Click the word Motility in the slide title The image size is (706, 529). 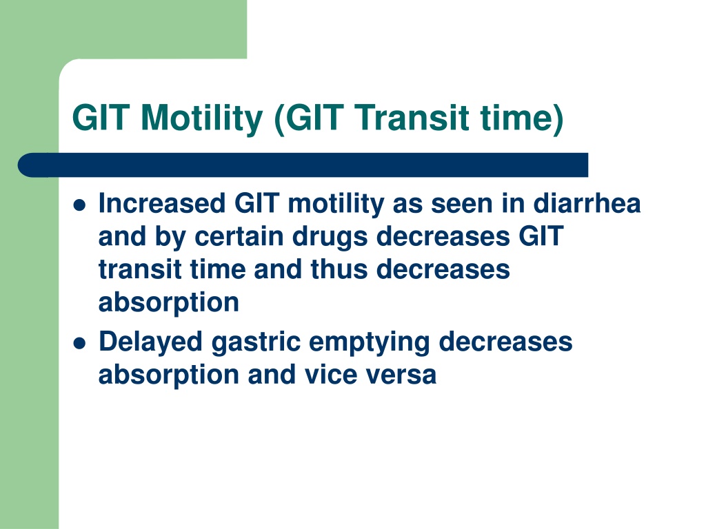201,118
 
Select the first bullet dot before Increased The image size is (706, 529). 79,205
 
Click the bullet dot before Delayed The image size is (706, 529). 79,344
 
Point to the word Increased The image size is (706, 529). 162,203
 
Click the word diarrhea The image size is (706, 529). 587,203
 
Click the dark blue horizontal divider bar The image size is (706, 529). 303,165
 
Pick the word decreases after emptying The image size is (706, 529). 505,342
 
